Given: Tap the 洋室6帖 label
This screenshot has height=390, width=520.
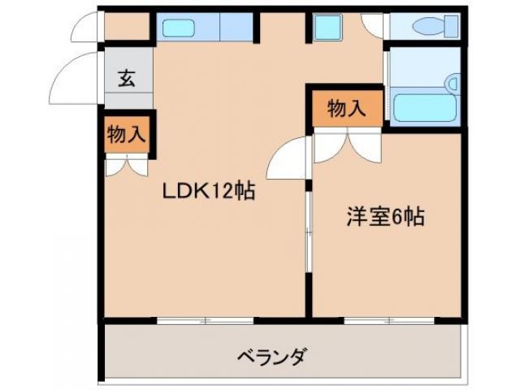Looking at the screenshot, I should point(386,218).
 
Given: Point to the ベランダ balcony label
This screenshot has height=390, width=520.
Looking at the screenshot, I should point(272,356).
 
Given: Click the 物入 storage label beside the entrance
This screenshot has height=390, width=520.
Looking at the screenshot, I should point(126,135).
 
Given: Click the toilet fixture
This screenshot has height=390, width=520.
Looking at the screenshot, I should point(430,27).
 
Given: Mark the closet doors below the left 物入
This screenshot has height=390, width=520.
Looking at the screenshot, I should point(126,166).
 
